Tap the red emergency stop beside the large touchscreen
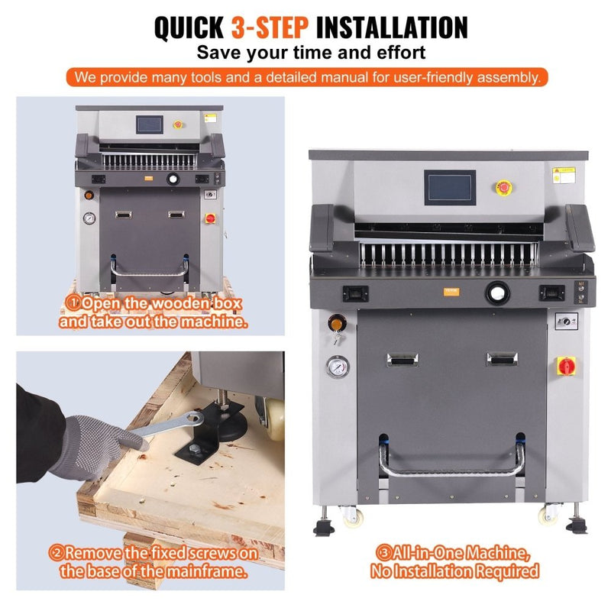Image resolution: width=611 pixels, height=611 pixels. (505, 187)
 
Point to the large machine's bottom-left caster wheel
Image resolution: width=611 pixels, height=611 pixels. (352, 516)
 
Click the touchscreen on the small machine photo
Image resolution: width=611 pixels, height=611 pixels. (150, 123)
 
